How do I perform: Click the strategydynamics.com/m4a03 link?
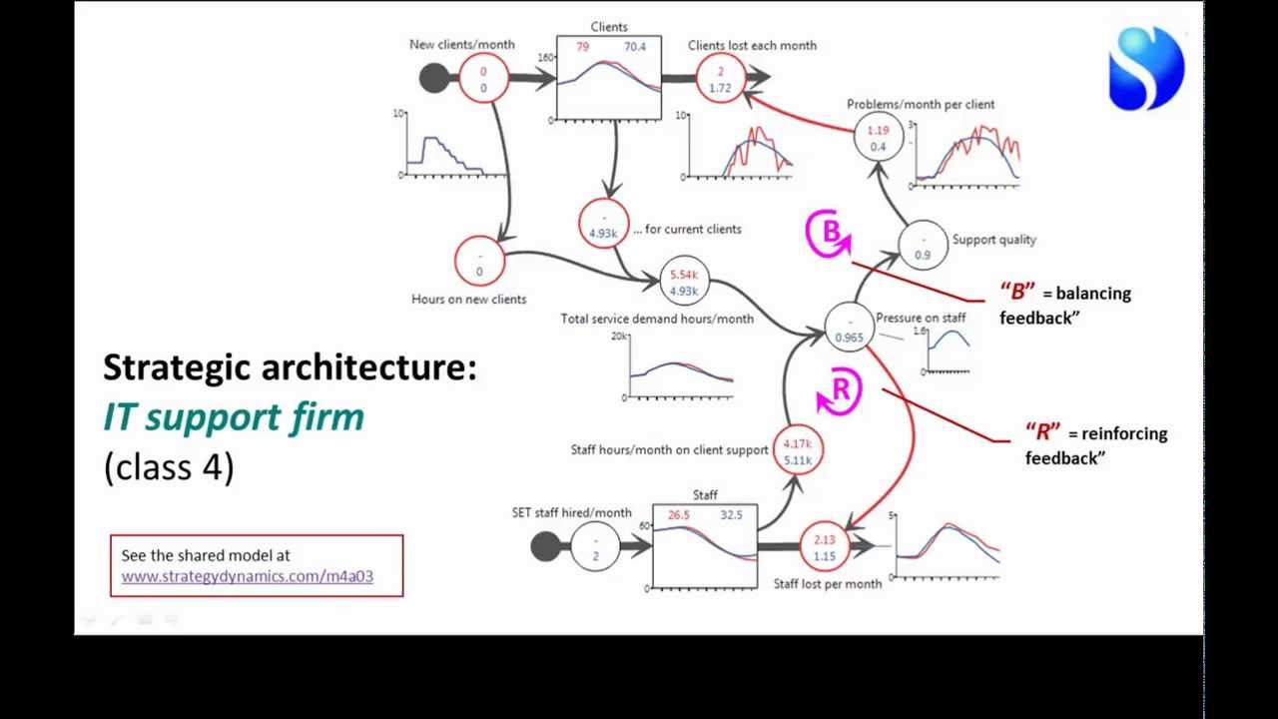(x=247, y=576)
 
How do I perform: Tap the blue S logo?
(x=1146, y=68)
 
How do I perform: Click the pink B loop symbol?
(x=829, y=234)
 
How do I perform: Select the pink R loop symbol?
(x=839, y=390)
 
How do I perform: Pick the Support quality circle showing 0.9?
(x=923, y=246)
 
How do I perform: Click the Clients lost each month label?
(x=752, y=45)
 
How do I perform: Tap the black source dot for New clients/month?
(x=434, y=78)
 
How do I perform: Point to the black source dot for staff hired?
(x=545, y=546)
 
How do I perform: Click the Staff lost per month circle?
(x=824, y=547)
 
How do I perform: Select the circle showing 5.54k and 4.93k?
(x=684, y=282)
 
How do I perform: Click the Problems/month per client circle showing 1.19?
(x=878, y=138)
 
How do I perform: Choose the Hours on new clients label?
(x=468, y=299)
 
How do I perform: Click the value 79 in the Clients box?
(x=582, y=47)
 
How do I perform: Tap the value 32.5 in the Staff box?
(x=731, y=515)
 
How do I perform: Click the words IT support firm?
(x=234, y=416)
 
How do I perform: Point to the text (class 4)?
(x=168, y=466)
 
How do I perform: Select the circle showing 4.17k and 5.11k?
(x=797, y=451)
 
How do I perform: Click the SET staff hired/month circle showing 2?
(x=595, y=546)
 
